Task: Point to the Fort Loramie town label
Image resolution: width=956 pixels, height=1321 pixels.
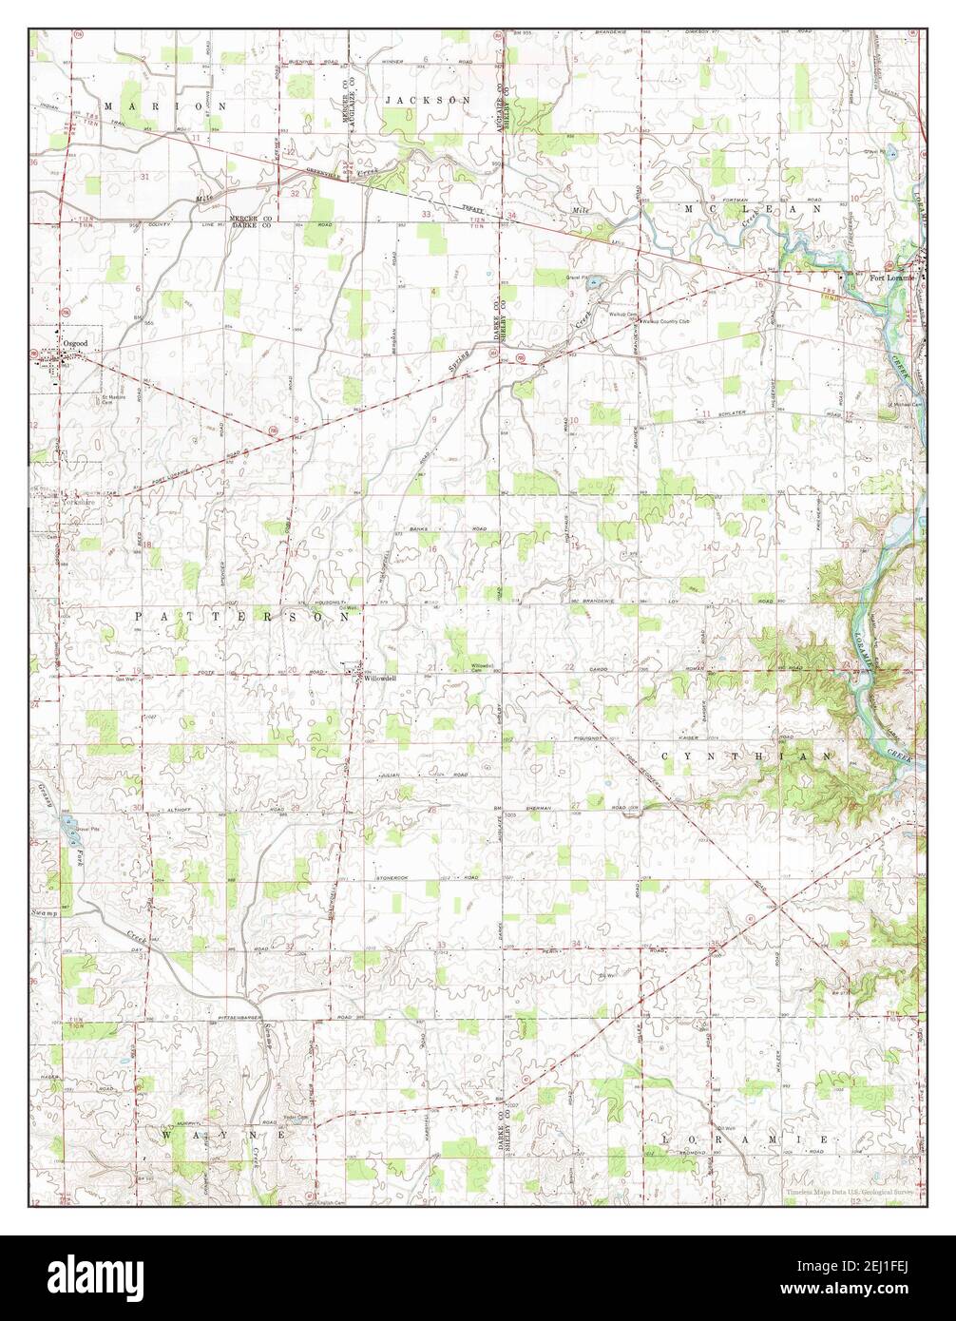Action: [892, 278]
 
